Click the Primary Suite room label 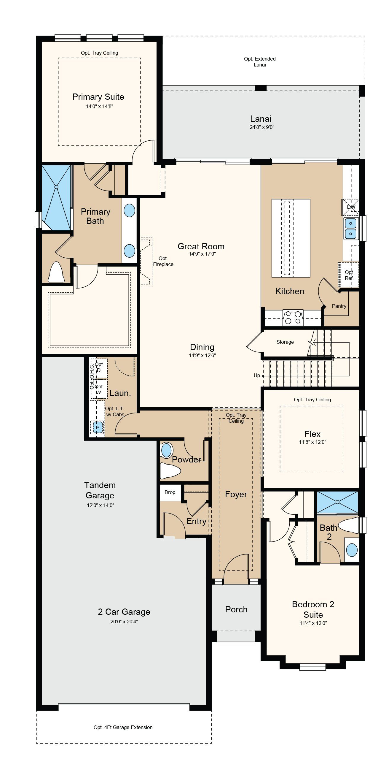pyautogui.click(x=98, y=97)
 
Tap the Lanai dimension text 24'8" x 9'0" pyautogui.click(x=262, y=127)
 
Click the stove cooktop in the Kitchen pyautogui.click(x=293, y=318)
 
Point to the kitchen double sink pyautogui.click(x=350, y=228)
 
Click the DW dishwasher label pyautogui.click(x=351, y=207)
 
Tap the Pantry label pyautogui.click(x=339, y=306)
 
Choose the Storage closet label pyautogui.click(x=285, y=342)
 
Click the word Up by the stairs pyautogui.click(x=257, y=375)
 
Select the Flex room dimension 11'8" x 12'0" pyautogui.click(x=312, y=442)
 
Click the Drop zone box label pyautogui.click(x=170, y=492)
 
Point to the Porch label pyautogui.click(x=236, y=609)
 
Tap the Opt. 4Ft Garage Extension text pyautogui.click(x=123, y=727)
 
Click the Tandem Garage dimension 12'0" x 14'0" pyautogui.click(x=101, y=505)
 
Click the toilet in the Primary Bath pyautogui.click(x=56, y=272)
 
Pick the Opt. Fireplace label pyautogui.click(x=163, y=261)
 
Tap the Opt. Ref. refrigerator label pyautogui.click(x=349, y=275)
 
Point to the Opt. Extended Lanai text pyautogui.click(x=260, y=62)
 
